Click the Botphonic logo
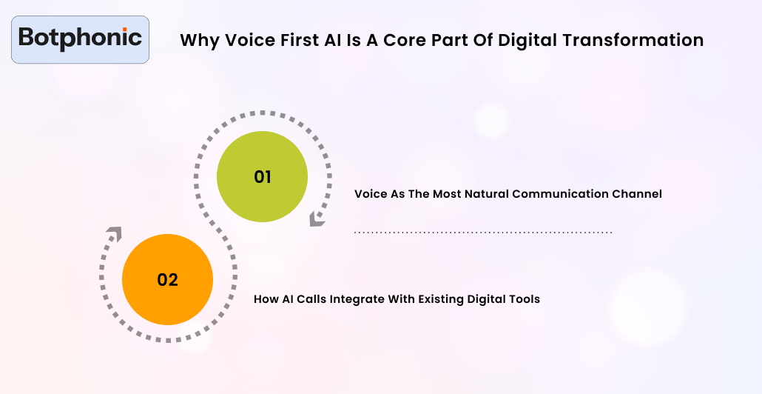pyautogui.click(x=80, y=39)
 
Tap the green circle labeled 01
pyautogui.click(x=262, y=178)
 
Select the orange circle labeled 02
pyautogui.click(x=167, y=280)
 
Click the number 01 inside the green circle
pyautogui.click(x=262, y=178)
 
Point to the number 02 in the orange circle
pyautogui.click(x=167, y=280)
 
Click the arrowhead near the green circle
pyautogui.click(x=317, y=219)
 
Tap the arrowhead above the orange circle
pyautogui.click(x=113, y=235)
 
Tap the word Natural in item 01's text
pyautogui.click(x=488, y=194)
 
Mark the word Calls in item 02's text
pyautogui.click(x=311, y=300)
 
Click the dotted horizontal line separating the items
pyautogui.click(x=483, y=233)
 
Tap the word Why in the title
pyautogui.click(x=195, y=40)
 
